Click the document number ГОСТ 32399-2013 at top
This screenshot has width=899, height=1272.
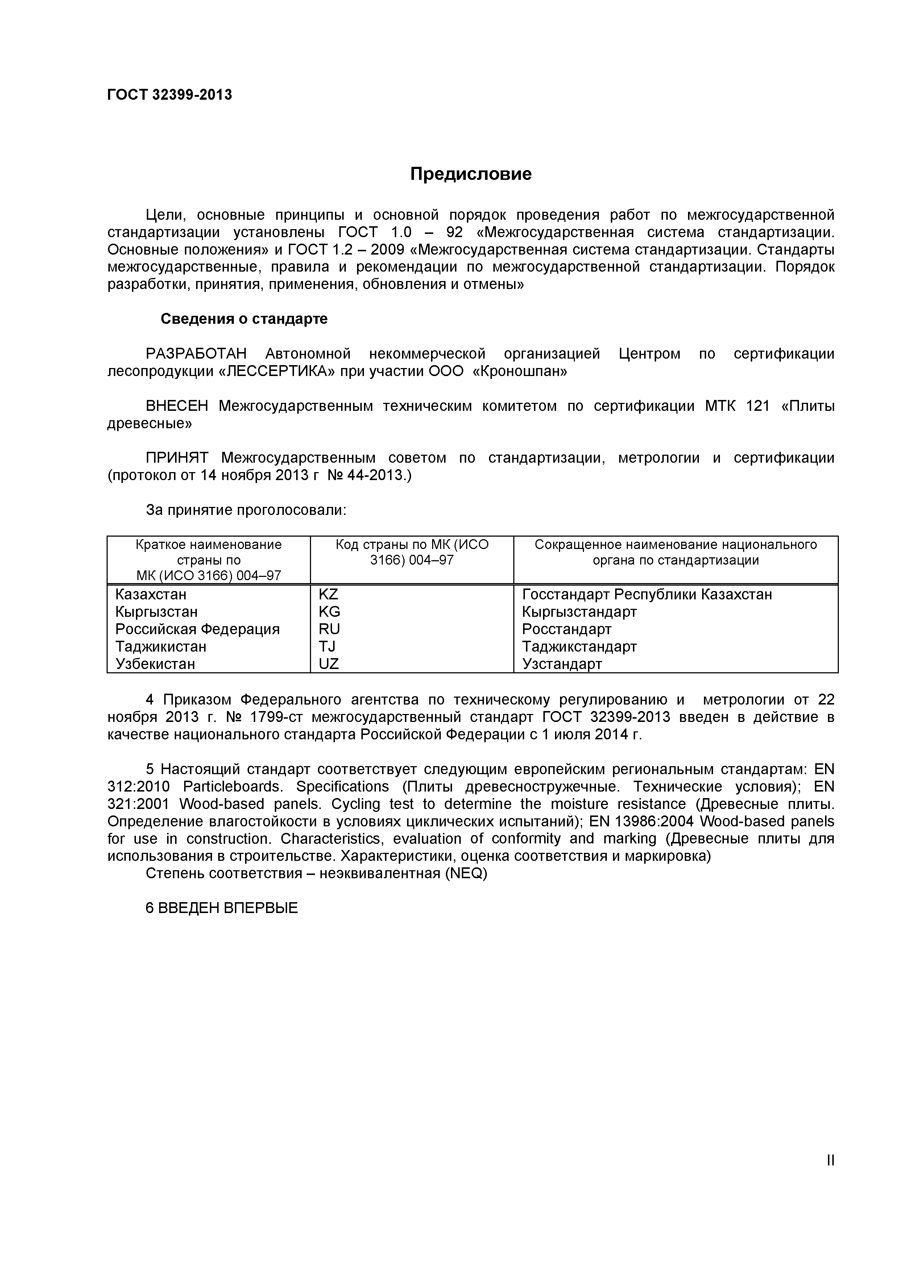(x=170, y=95)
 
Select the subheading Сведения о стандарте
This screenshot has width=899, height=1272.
(x=244, y=319)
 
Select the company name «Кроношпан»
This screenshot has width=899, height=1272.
(x=519, y=371)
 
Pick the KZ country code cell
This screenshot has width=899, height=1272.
(x=328, y=594)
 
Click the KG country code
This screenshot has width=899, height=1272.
(x=329, y=612)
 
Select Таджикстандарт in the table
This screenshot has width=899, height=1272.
(x=579, y=647)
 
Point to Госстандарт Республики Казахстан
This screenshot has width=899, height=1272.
(x=646, y=594)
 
